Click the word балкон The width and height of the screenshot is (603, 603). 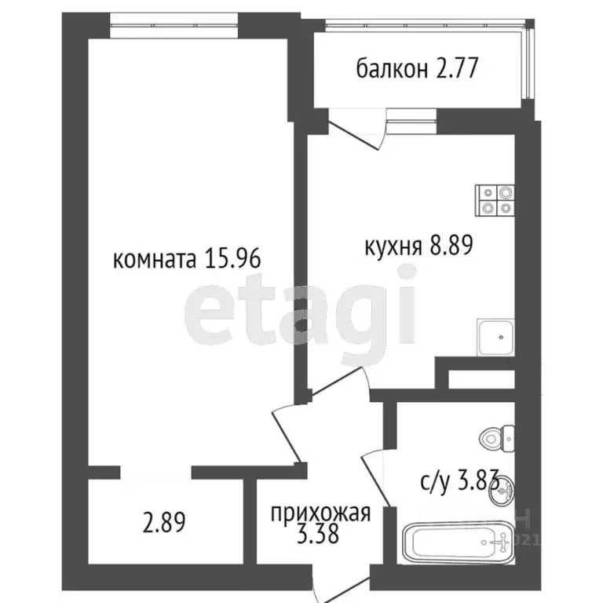[390, 70]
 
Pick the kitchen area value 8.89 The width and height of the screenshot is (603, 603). [450, 247]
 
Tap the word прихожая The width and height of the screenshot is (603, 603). [320, 515]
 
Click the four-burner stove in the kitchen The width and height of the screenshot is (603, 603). [496, 199]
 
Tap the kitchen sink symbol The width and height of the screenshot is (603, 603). [496, 338]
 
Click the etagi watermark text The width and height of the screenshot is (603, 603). [301, 305]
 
